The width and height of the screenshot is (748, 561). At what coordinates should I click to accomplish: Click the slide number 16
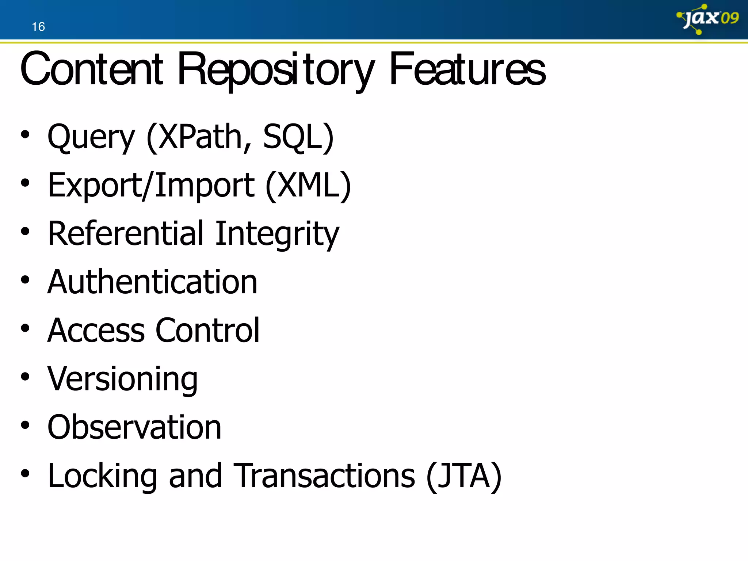[x=38, y=27]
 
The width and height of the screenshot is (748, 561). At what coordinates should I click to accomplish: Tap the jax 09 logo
[x=708, y=18]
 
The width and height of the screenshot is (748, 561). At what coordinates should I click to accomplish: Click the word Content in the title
[x=91, y=69]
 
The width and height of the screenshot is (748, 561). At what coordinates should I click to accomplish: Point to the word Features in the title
[x=467, y=69]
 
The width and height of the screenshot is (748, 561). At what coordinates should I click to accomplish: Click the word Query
[x=91, y=137]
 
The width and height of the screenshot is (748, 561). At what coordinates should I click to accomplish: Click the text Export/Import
[x=151, y=186]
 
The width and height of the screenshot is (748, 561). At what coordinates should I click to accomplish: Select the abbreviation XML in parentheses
[x=309, y=186]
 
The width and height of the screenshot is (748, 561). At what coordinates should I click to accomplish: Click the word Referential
[x=125, y=234]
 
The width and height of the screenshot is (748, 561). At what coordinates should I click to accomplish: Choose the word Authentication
[x=153, y=282]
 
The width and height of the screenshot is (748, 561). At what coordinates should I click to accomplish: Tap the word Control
[x=207, y=331]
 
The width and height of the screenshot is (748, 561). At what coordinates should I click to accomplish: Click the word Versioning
[x=123, y=379]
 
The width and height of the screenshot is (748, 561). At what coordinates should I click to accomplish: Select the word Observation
[x=134, y=427]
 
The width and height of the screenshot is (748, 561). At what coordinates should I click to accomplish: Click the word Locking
[x=103, y=476]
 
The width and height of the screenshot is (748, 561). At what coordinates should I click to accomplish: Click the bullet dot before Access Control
[x=25, y=328]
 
